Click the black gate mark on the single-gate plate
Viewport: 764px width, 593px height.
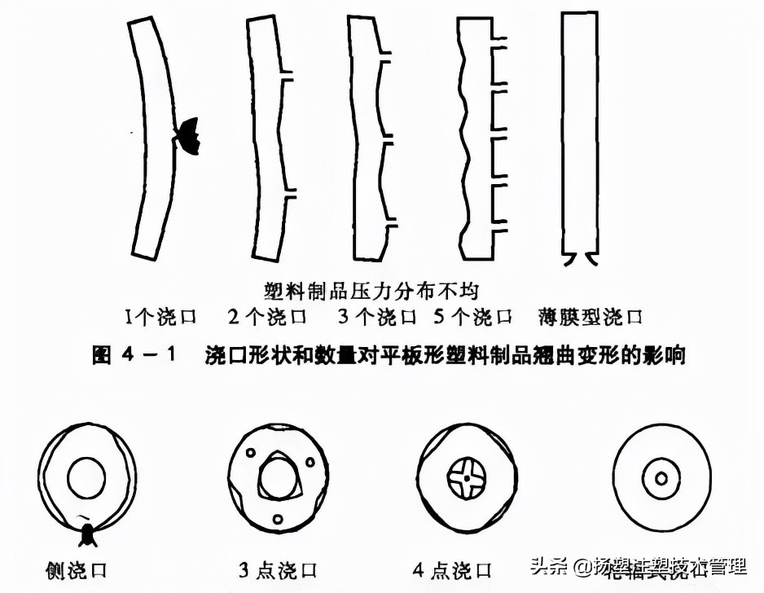(187, 135)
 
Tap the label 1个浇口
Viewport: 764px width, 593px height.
(160, 316)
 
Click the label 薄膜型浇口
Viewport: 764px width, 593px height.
(591, 316)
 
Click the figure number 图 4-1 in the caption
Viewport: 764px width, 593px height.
(134, 356)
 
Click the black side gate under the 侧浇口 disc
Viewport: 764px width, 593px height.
(87, 534)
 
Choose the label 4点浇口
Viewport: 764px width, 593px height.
(461, 568)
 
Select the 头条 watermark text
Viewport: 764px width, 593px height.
(547, 564)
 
